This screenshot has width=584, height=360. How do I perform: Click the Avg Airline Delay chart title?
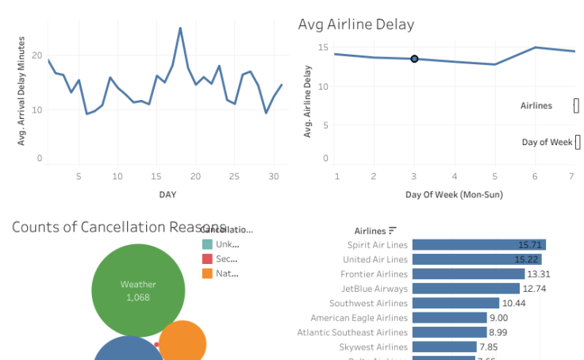point(356,25)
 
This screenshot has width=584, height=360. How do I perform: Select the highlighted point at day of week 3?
point(414,59)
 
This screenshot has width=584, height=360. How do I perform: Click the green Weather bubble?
point(138,290)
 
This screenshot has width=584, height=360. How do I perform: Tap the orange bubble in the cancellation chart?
point(183,343)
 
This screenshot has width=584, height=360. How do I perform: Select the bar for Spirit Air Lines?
point(478,245)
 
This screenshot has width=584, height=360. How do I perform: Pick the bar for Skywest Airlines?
point(444,347)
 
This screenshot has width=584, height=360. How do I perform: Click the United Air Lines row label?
point(375,259)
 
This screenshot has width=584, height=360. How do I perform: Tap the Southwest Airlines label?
point(368,303)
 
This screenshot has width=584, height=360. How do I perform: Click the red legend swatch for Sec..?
point(207,259)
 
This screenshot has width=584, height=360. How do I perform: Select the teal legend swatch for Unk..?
point(207,244)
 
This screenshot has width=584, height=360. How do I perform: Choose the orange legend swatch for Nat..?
point(207,273)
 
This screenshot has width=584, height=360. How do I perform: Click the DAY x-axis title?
point(167,194)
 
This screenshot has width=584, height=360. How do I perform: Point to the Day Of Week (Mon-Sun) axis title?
point(454,194)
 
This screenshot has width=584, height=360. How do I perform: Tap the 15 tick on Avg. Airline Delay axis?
point(323,48)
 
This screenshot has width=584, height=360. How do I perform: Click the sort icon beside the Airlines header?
point(393,231)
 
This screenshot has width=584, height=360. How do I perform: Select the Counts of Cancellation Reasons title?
point(119,228)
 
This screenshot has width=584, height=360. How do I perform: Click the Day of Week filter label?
point(547,142)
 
